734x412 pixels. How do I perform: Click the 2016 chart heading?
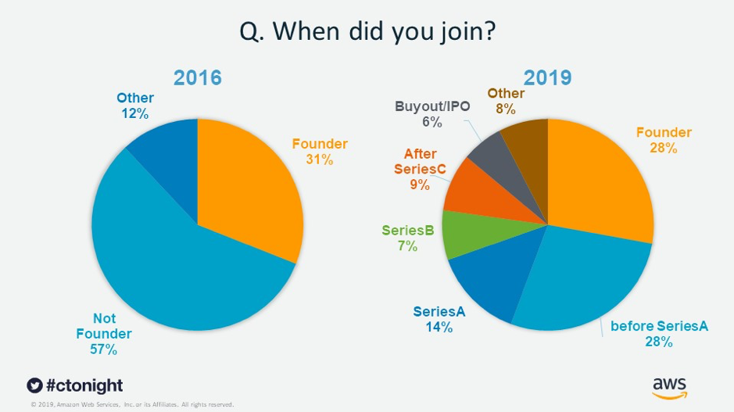(197, 78)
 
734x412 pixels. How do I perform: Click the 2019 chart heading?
(547, 78)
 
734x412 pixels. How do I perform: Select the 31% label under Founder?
(320, 159)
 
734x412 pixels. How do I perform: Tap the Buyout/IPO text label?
(432, 106)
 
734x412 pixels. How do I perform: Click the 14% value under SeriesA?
(439, 328)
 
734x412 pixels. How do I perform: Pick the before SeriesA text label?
(660, 326)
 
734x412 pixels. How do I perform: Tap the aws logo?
(669, 386)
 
